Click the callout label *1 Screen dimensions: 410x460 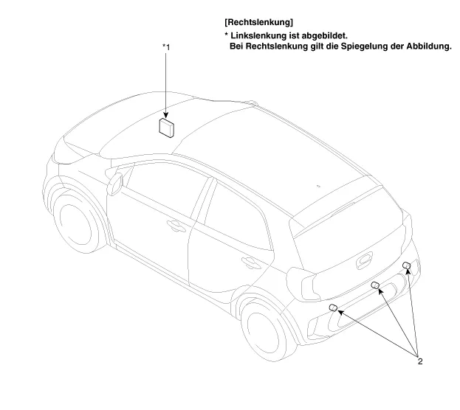[x=167, y=47]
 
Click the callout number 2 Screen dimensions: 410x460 [x=419, y=361]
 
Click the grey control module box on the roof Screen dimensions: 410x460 [x=168, y=127]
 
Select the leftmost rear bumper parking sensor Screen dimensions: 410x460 [x=333, y=308]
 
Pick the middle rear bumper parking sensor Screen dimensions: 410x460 [x=375, y=285]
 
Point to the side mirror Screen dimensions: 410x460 [x=115, y=181]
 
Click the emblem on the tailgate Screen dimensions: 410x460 [x=364, y=260]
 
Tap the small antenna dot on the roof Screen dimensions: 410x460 [x=318, y=187]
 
